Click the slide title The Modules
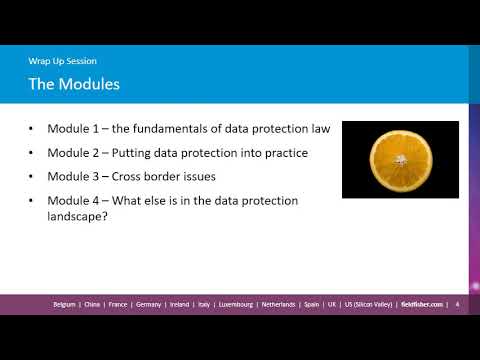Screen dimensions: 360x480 pos(74,84)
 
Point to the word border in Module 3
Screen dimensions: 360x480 pos(155,177)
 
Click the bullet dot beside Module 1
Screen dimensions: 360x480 pos(32,129)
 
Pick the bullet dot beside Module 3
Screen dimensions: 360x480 pos(32,177)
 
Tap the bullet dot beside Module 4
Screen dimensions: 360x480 pos(32,201)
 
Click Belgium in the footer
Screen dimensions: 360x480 pos(68,304)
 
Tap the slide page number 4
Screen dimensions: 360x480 pos(456,304)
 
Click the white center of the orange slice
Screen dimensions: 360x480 pos(400,158)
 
